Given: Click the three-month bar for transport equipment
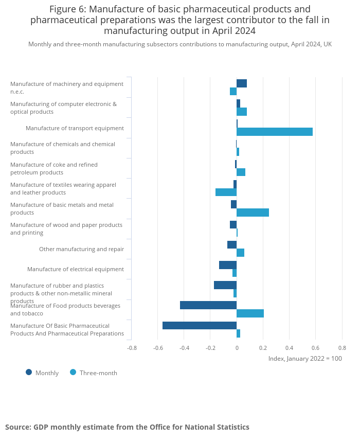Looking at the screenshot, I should (275, 132).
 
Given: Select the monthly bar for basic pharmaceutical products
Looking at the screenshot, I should (200, 325).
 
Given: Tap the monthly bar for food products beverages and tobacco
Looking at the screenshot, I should (208, 305).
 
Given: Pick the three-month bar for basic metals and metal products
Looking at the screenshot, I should (253, 213).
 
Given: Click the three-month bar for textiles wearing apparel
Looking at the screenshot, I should (226, 192).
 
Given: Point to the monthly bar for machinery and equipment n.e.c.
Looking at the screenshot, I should (242, 83).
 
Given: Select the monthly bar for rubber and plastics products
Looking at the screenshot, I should (225, 285).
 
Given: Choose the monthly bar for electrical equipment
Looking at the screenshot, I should (228, 265).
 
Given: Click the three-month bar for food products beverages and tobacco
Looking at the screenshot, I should (250, 313).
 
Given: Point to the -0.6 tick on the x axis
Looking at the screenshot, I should (158, 347).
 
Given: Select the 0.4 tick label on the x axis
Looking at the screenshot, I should (289, 347).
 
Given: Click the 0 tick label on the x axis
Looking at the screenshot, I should (237, 347).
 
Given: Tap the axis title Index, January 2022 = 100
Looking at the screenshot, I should (305, 358).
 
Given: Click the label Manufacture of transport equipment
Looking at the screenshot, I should (75, 128).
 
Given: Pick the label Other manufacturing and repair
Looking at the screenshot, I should (81, 249).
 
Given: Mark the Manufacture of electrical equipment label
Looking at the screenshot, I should (76, 269).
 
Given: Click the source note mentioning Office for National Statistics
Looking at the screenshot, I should (127, 427).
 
